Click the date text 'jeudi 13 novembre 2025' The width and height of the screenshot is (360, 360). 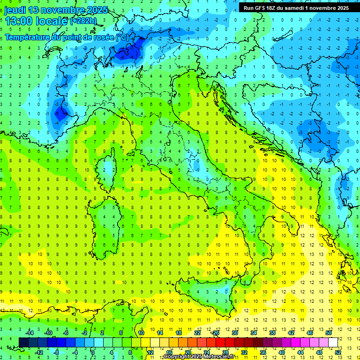(x=56, y=10)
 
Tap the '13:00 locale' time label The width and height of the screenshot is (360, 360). (x=37, y=21)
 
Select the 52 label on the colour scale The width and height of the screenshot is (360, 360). (x=338, y=352)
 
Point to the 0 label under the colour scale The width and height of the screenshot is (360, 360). (x=93, y=352)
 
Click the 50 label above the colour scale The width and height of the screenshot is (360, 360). (x=329, y=333)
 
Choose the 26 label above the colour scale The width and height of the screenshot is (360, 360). (x=216, y=333)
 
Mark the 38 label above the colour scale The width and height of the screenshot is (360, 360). (x=272, y=333)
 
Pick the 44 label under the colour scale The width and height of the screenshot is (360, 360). (x=300, y=352)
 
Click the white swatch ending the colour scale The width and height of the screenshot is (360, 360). (x=333, y=342)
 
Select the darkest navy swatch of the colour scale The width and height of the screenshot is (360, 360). (x=24, y=342)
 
